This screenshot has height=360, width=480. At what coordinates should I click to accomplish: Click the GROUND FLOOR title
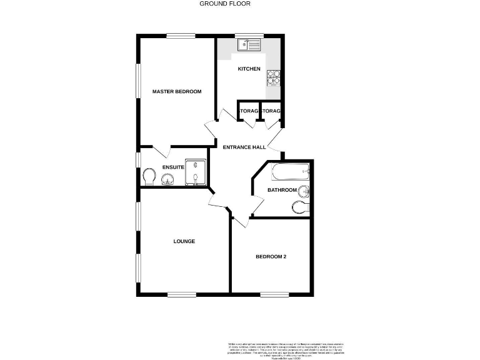224,4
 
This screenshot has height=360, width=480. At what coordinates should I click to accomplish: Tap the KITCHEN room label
249,69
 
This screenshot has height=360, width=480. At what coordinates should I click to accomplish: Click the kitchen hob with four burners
274,77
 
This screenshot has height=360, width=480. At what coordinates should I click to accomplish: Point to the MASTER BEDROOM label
177,92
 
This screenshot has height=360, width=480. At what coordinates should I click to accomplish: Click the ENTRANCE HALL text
244,147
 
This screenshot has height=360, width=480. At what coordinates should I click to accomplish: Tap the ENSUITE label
173,167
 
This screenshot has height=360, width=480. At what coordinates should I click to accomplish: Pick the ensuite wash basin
167,181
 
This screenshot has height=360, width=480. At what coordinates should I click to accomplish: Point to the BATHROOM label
282,190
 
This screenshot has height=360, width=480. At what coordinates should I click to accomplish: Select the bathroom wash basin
304,191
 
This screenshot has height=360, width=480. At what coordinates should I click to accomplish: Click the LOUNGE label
184,241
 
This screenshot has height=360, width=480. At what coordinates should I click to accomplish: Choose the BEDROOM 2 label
271,257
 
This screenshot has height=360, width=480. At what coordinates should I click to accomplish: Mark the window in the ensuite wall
139,159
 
